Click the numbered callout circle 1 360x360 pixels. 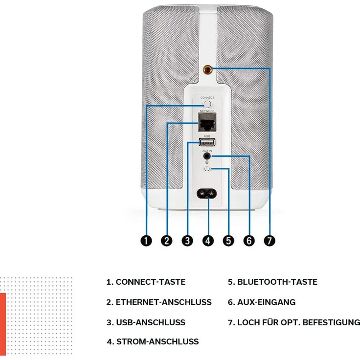[x=146, y=241]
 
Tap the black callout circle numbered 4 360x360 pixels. [x=208, y=241]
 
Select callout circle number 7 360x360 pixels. [x=270, y=241]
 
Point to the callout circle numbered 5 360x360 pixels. [x=228, y=241]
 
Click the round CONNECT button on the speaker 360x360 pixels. [x=207, y=104]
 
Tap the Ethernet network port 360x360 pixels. [x=207, y=122]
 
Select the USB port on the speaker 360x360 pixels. [x=207, y=142]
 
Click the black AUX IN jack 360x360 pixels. [x=207, y=157]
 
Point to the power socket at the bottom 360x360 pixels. [x=206, y=194]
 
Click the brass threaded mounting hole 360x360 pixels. [x=207, y=69]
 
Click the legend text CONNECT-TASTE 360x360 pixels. [x=151, y=282]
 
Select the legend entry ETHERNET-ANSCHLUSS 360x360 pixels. [x=164, y=302]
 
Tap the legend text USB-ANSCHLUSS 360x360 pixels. [x=151, y=322]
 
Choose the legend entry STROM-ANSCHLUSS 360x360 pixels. [x=157, y=341]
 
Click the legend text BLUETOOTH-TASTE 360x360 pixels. [x=277, y=282]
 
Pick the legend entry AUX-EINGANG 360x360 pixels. [x=266, y=302]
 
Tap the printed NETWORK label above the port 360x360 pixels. [x=207, y=111]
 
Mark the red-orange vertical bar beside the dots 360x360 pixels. [x=3, y=324]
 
